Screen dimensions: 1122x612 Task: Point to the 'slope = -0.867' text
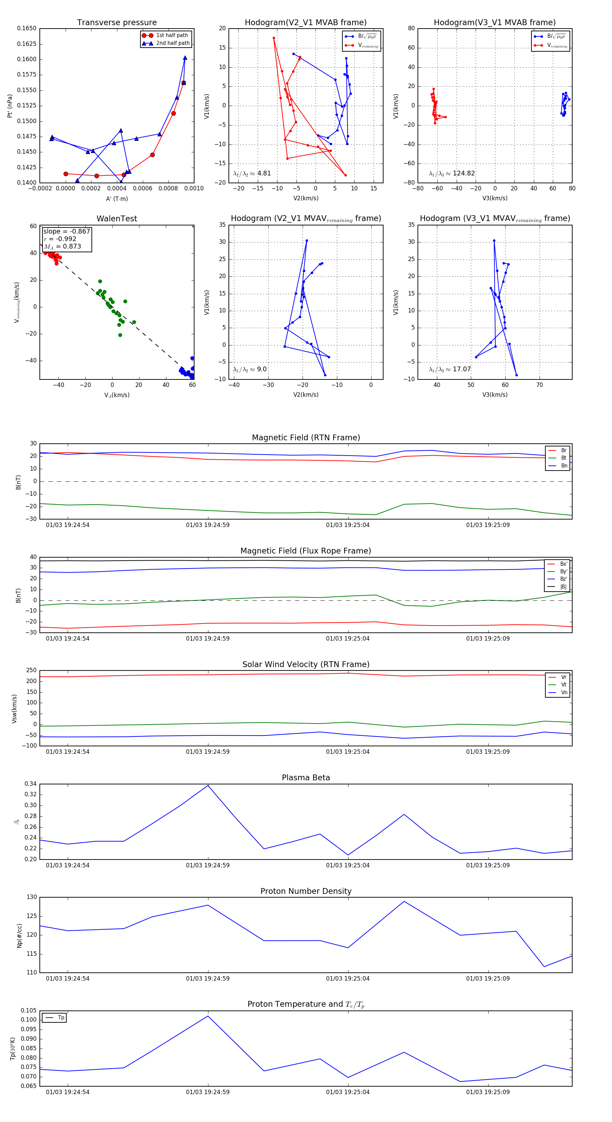point(67,231)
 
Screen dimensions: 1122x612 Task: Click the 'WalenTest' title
point(117,219)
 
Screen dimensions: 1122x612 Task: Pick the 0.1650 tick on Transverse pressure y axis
point(27,28)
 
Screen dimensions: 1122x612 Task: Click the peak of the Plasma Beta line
point(208,785)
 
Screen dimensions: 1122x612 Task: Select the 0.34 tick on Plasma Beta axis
point(31,784)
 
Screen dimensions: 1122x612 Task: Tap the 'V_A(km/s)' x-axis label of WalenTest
point(117,395)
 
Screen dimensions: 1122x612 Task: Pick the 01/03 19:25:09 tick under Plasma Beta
point(488,865)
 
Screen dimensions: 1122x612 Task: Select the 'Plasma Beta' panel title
point(306,778)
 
